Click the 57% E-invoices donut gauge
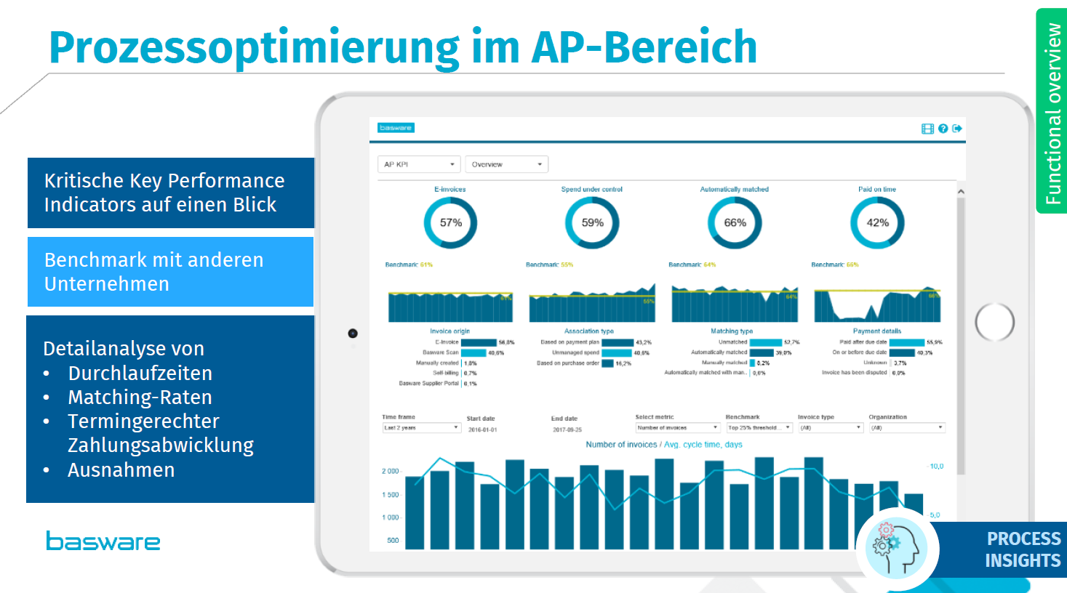pos(450,223)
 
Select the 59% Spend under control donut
pos(592,223)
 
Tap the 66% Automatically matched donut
pos(735,223)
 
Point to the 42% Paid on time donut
pos(877,223)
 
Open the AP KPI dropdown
pos(420,164)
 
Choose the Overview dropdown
pos(506,164)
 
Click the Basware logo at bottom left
pos(103,541)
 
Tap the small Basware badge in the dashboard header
pos(396,128)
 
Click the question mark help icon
pos(943,129)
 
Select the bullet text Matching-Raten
pos(140,398)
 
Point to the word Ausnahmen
pos(121,470)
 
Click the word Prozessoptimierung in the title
pos(254,47)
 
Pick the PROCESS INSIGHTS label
pos(1023,549)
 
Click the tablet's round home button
pos(994,322)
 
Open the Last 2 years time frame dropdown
pos(421,428)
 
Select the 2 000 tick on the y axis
pos(391,471)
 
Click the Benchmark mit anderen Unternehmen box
pos(170,272)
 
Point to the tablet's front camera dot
pos(353,334)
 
